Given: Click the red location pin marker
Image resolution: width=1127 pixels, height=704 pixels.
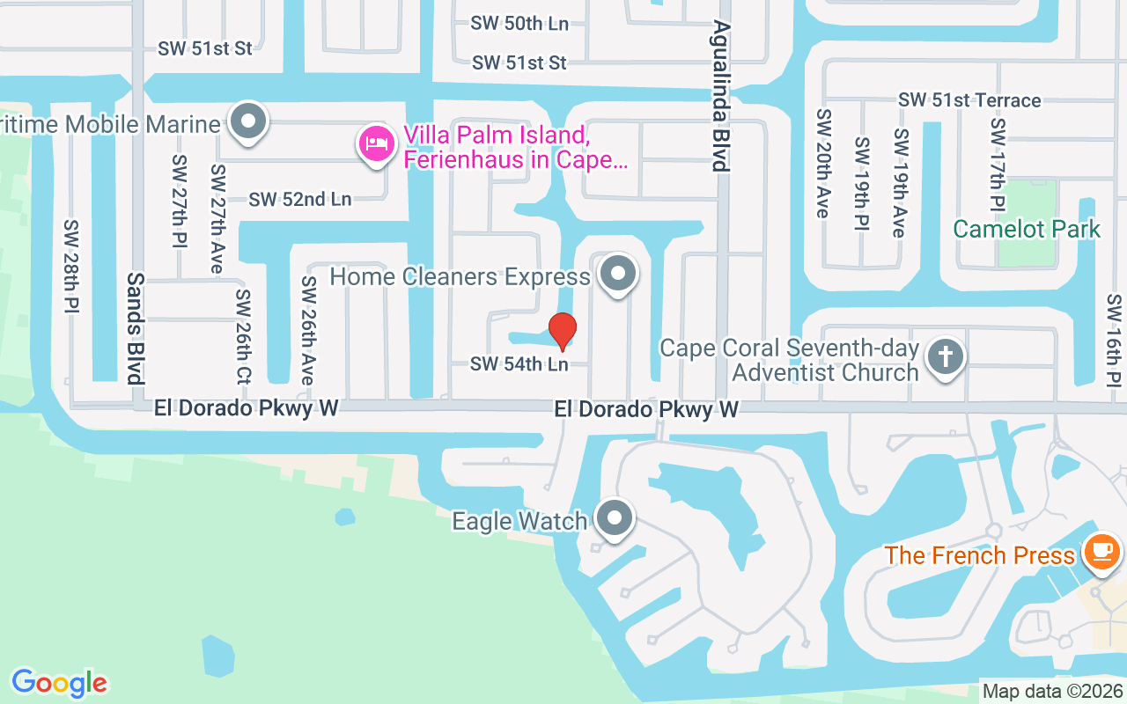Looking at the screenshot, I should coord(562,331).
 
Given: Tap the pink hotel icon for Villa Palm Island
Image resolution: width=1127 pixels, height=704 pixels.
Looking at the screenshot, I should coord(377,143).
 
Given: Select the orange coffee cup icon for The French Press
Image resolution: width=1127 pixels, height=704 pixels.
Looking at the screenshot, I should coord(1101,551).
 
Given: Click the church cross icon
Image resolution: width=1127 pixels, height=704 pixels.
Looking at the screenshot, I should coord(946,357).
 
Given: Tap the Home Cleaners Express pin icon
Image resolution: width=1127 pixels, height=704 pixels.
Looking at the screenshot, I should coord(618,274).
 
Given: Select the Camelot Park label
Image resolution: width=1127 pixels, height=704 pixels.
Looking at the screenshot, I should coord(1027,230).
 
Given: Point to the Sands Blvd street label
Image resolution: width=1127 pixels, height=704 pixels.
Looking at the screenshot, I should coord(135,327).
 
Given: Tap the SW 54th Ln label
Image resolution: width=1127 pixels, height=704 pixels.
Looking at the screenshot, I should coord(519,363).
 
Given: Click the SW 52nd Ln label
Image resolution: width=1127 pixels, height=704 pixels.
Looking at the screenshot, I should coord(299,200).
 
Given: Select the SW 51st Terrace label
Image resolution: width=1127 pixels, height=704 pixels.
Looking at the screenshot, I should coord(969,100).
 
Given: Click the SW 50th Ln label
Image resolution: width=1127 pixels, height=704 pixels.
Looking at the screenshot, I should coord(519,24).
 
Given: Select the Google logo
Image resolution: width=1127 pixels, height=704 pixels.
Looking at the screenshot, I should coord(59,683).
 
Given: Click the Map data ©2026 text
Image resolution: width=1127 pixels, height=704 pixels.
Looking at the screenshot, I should coord(1052,692).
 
